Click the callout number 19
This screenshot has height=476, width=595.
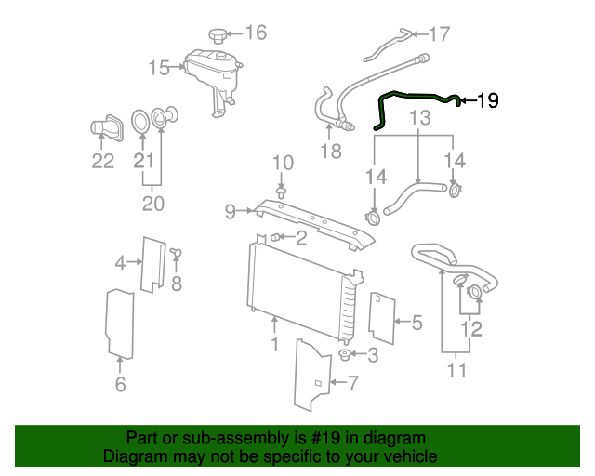[487, 100]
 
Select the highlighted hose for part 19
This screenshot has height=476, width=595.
[414, 96]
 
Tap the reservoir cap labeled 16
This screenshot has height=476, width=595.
[218, 35]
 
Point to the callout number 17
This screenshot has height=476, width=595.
[439, 34]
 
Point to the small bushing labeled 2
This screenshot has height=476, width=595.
[276, 239]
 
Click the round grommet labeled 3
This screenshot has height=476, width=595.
[345, 355]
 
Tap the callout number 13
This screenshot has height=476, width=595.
[420, 118]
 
